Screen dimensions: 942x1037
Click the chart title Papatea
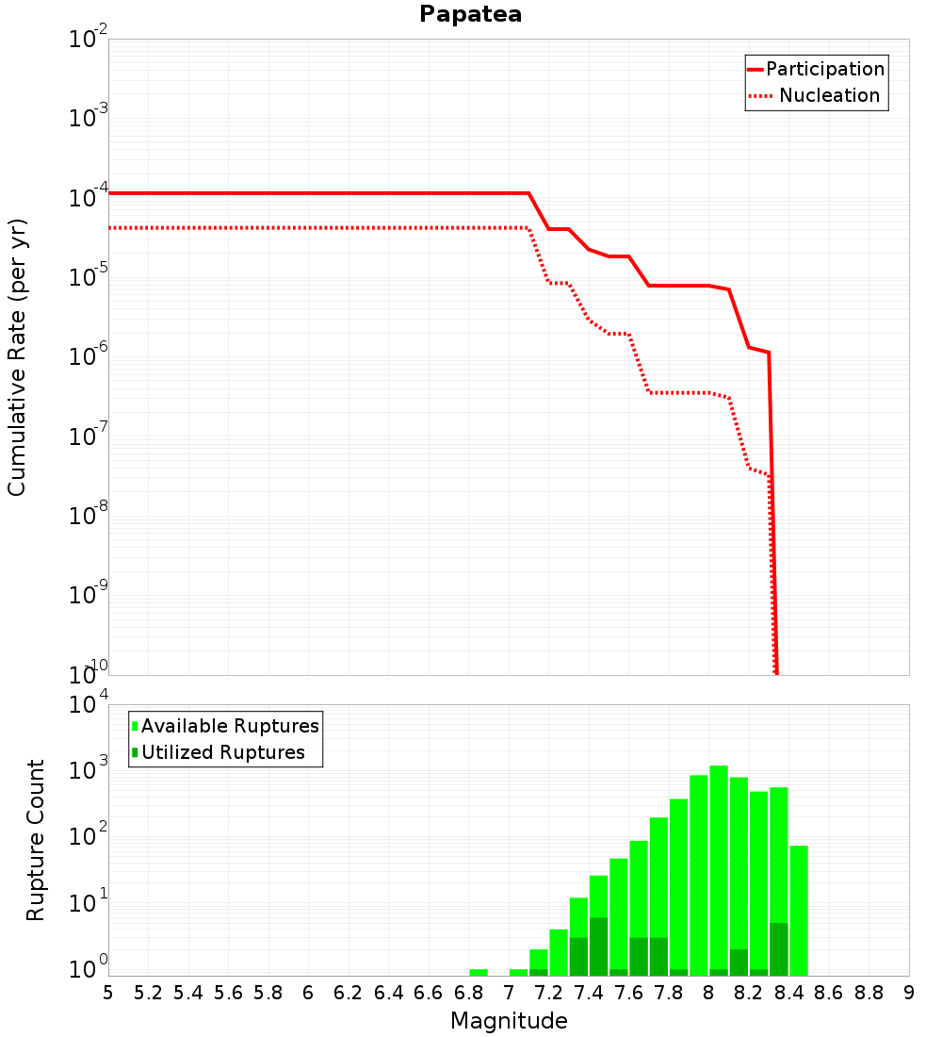(470, 14)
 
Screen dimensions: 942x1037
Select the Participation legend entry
(816, 69)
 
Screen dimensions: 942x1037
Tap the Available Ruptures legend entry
(225, 726)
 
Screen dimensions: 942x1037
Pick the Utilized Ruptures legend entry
(219, 752)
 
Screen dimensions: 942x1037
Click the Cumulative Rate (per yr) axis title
(17, 357)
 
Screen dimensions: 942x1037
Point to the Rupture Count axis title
(35, 840)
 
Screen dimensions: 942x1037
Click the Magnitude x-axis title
(509, 1020)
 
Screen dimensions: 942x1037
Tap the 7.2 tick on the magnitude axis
(548, 994)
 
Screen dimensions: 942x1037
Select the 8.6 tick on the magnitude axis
(829, 994)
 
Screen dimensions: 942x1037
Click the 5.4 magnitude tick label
(188, 994)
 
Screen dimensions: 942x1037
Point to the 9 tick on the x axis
(909, 994)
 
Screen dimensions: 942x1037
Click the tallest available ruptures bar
(719, 870)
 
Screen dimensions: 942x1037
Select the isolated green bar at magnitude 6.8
(479, 972)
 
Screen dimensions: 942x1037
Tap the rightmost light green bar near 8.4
(799, 911)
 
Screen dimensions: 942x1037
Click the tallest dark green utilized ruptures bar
(598, 946)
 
